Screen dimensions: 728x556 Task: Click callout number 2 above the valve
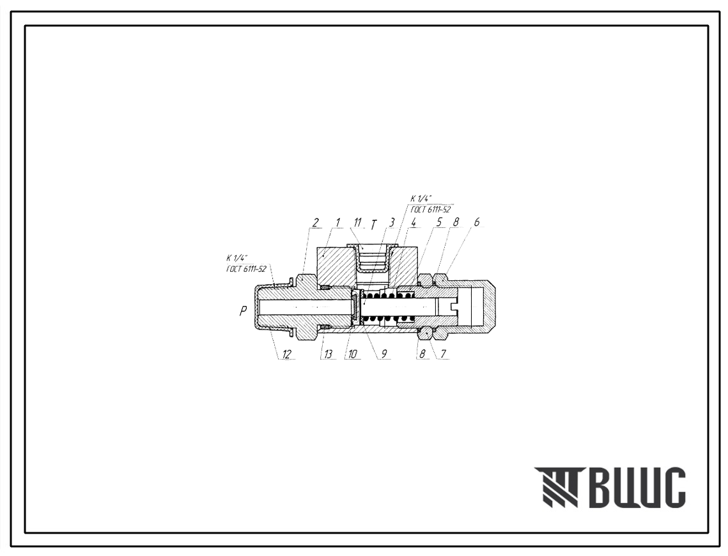point(315,223)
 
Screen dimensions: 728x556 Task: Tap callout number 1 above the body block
point(338,223)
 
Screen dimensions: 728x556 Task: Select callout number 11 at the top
point(357,223)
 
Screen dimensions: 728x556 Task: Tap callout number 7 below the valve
point(444,354)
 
